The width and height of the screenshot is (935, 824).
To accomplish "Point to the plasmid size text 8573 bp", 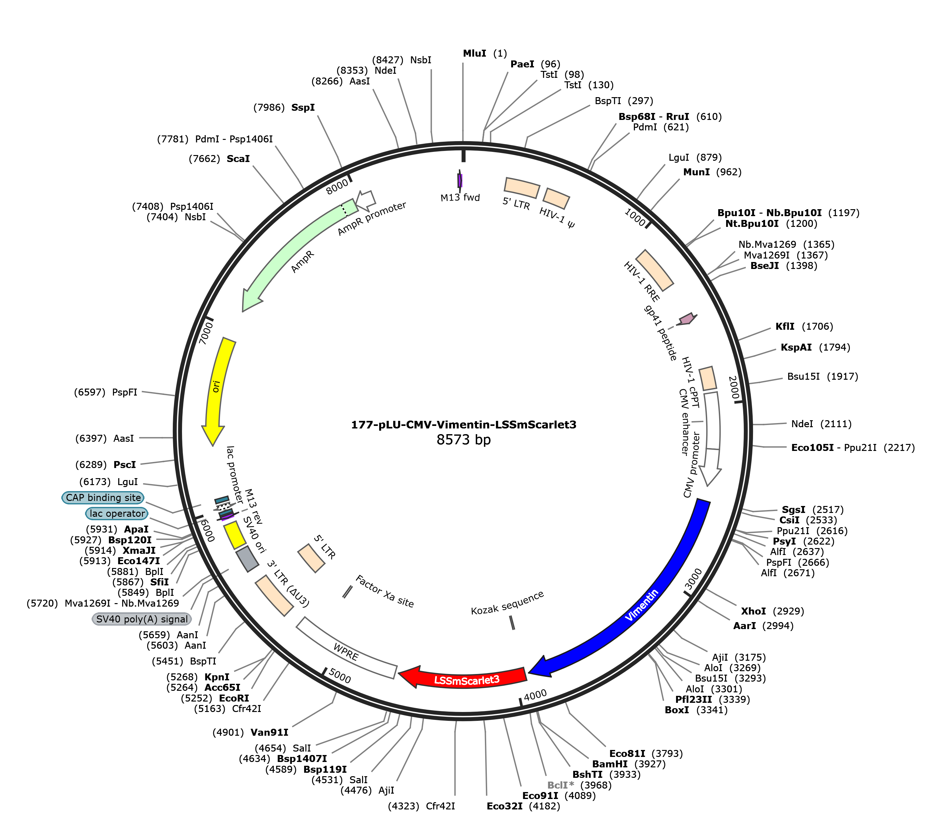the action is click(x=463, y=440).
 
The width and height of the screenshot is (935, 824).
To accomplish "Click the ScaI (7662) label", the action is click(x=219, y=159).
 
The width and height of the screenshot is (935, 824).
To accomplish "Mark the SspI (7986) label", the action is click(x=284, y=108).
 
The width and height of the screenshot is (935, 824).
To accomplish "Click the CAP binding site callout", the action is click(x=103, y=497).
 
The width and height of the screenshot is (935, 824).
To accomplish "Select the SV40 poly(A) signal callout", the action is click(x=142, y=619).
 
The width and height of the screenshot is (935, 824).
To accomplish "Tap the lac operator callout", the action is click(x=117, y=514).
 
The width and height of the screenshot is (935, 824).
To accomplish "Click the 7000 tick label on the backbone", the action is click(x=206, y=333).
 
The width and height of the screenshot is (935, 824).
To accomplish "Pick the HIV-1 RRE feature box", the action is click(x=655, y=270).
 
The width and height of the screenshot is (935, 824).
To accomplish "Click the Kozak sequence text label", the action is click(x=507, y=603).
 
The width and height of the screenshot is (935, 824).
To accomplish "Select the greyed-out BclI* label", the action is click(x=560, y=785).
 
